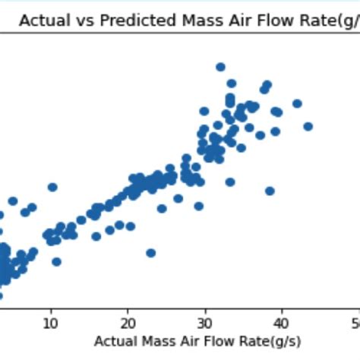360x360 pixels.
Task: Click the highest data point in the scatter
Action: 220,67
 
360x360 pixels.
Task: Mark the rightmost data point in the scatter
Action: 308,126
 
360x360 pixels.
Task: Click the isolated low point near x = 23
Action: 151,253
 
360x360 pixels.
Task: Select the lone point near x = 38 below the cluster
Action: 270,191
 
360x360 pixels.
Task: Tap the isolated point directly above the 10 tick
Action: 52,187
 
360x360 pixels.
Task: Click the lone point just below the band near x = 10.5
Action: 56,261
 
